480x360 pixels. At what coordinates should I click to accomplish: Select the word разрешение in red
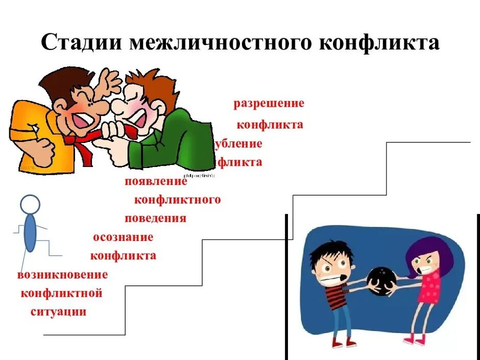269,104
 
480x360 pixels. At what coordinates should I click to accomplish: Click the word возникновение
63,275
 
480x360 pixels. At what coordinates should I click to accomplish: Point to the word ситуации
58,312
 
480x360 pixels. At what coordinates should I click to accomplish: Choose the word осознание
123,237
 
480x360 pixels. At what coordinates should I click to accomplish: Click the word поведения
155,219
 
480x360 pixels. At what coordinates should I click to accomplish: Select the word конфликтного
177,199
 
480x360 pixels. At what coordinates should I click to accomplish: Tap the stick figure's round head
30,204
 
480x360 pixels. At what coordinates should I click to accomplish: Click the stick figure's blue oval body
31,233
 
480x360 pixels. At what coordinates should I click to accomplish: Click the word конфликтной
62,294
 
